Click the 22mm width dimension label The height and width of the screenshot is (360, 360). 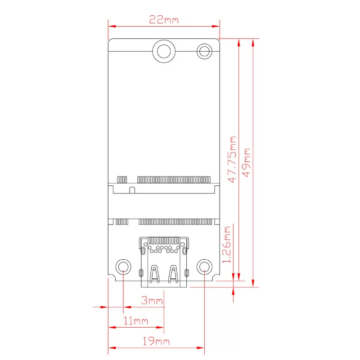164,20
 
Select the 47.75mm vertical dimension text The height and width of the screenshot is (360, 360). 232,159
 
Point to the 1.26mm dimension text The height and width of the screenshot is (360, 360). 228,245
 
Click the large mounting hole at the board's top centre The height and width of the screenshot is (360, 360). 164,51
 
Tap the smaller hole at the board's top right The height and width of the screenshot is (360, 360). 205,50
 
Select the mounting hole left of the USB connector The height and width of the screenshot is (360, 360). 123,267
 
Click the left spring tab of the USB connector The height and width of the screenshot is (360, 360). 155,274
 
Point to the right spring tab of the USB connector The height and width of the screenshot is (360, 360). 172,274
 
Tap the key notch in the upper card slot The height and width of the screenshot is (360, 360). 131,190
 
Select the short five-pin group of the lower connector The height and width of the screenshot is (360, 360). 122,221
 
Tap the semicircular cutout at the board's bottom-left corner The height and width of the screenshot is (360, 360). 109,275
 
